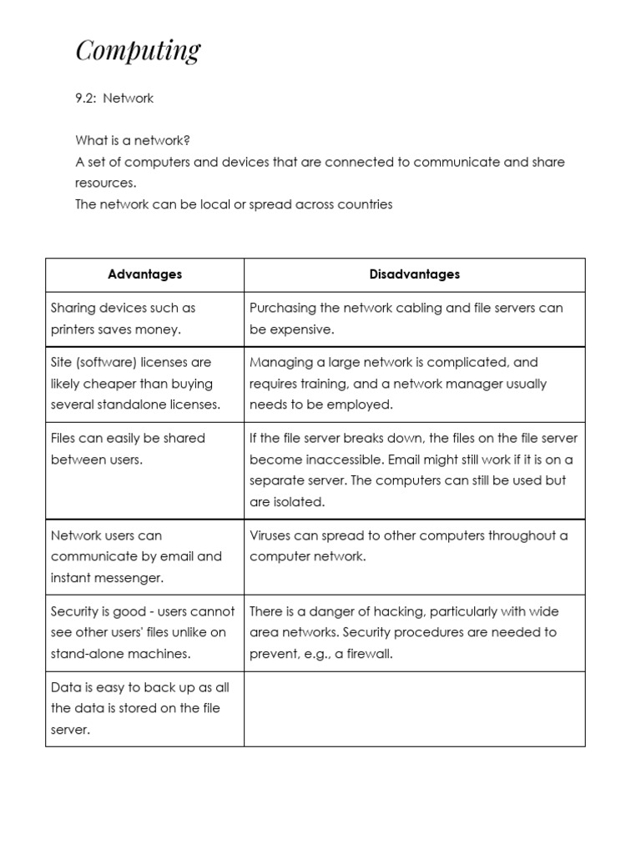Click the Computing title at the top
point(138,52)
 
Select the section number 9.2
point(87,98)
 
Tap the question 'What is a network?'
point(139,140)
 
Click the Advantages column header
point(144,274)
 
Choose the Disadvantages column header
point(414,274)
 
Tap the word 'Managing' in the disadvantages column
point(278,363)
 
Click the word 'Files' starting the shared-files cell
point(64,438)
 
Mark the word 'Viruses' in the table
point(270,535)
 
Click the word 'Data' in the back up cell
point(64,687)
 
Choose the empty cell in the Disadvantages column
point(414,708)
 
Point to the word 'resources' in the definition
point(104,183)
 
